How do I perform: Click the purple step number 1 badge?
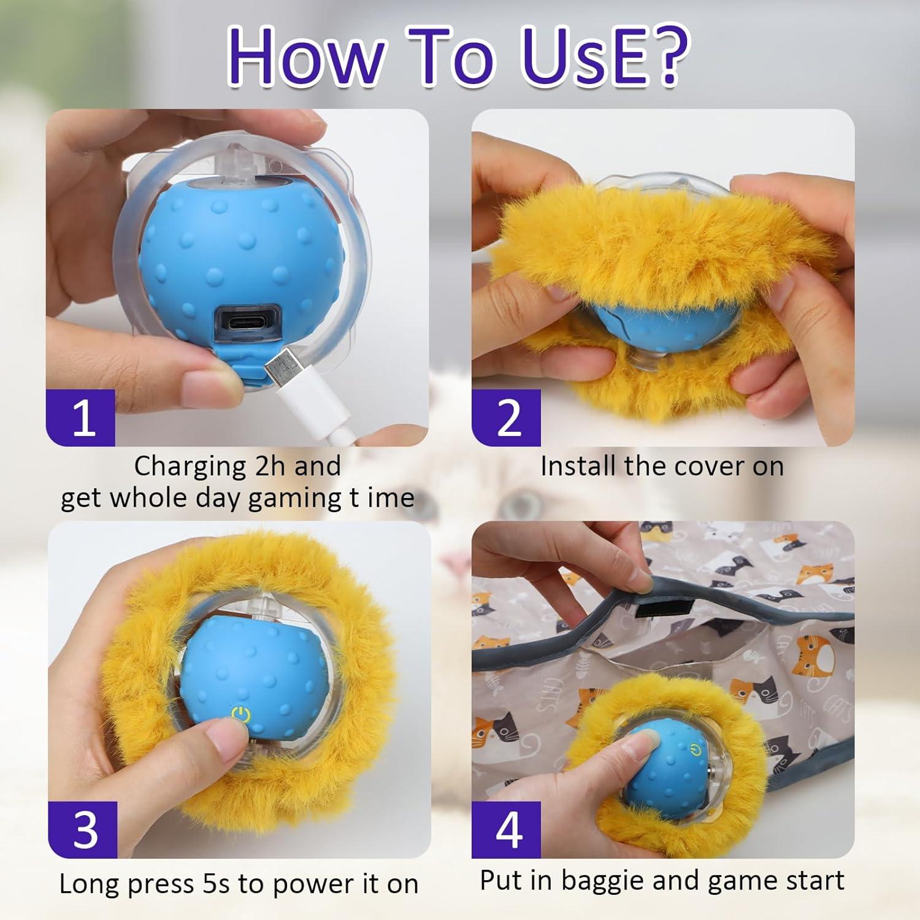pos(82,418)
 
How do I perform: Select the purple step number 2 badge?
pos(507,418)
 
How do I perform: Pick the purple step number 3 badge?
pos(83,830)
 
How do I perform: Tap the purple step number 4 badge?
pos(507,830)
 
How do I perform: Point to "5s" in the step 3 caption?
pos(218,884)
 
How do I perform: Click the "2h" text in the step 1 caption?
pos(270,466)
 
